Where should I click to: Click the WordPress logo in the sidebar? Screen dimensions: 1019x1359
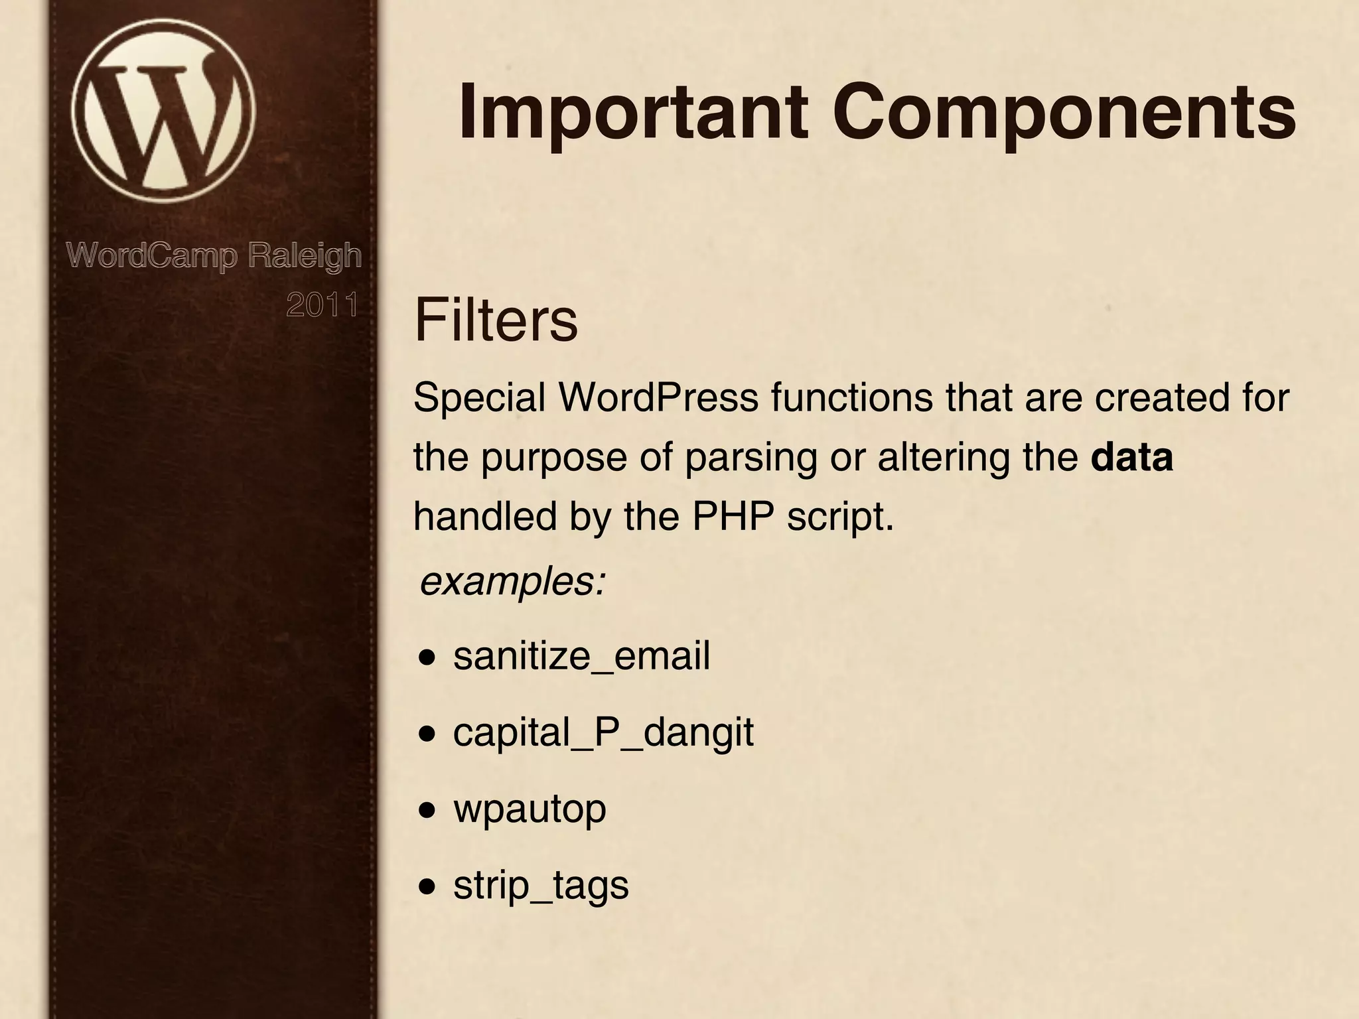[163, 109]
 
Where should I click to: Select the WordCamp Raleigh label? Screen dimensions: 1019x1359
[214, 255]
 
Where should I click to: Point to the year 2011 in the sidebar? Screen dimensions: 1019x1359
[322, 305]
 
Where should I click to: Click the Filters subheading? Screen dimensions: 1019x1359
[496, 320]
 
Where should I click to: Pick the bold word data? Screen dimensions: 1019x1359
[1132, 457]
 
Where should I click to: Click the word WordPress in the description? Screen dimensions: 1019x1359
[658, 398]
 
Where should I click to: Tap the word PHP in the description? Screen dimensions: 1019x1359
[733, 517]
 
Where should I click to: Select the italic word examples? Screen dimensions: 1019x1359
[513, 582]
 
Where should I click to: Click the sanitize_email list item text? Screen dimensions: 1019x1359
[581, 656]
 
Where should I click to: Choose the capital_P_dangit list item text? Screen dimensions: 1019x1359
[603, 732]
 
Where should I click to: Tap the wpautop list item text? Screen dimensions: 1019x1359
[530, 809]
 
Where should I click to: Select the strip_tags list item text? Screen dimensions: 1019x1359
[541, 885]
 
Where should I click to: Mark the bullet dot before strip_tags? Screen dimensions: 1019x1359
[428, 887]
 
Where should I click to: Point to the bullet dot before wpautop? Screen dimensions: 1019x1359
[428, 811]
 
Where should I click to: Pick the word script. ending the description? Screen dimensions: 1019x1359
[840, 517]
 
